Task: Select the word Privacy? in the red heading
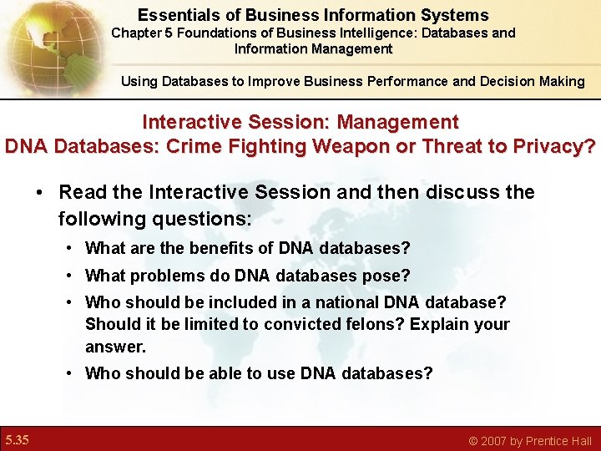[x=553, y=146]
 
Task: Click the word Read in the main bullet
[x=82, y=192]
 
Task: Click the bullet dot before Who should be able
[x=71, y=373]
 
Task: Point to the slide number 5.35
[x=17, y=439]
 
